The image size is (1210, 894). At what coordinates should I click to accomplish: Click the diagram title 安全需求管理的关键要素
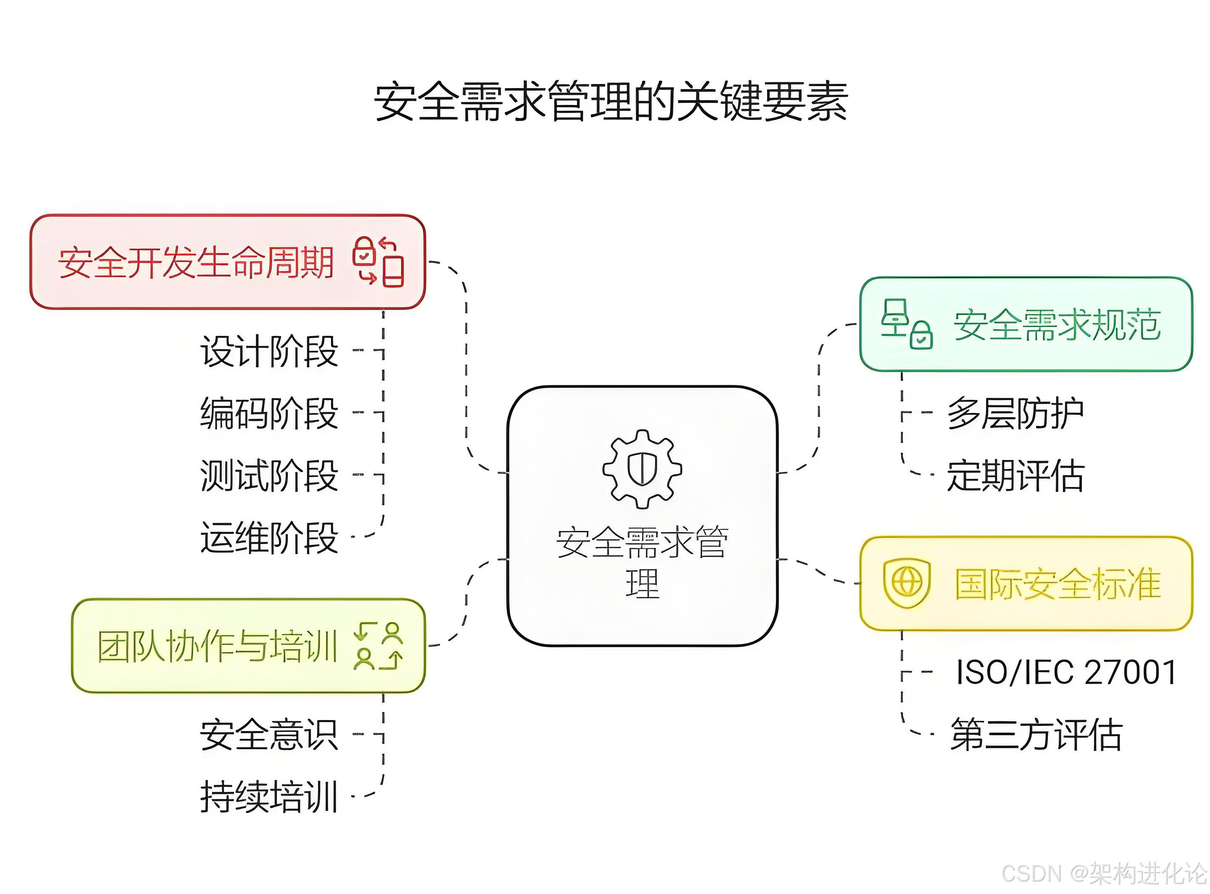click(x=610, y=102)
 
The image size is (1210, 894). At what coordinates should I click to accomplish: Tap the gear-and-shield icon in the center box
click(x=642, y=469)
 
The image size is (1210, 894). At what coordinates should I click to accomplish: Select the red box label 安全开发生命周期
click(x=196, y=263)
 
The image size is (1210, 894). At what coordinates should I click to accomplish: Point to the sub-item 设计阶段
click(x=269, y=352)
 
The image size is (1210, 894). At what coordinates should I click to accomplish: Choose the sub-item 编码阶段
click(x=269, y=414)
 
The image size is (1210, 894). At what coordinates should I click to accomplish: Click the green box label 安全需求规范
click(x=1057, y=325)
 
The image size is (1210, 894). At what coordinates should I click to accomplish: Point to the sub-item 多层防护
click(x=1015, y=414)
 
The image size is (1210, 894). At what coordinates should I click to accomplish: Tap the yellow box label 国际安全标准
click(x=1057, y=584)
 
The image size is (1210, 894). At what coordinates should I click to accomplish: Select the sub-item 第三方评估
click(x=1036, y=735)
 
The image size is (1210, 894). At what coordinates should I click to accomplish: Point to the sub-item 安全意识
click(x=269, y=735)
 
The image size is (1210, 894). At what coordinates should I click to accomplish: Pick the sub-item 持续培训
click(x=269, y=797)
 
